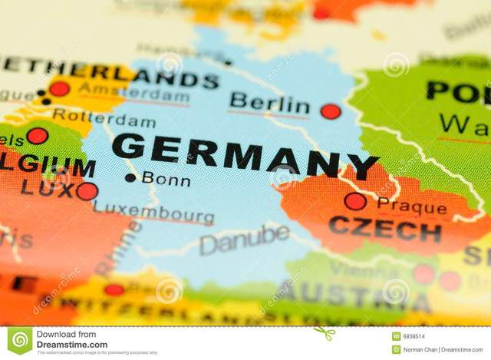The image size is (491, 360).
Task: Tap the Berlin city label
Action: coord(269,103)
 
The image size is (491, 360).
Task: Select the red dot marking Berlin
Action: coord(331,111)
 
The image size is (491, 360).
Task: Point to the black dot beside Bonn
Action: coord(130,177)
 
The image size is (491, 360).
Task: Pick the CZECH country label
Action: coord(384,229)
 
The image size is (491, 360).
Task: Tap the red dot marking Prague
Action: coord(354,201)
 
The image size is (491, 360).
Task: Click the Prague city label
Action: coord(411,206)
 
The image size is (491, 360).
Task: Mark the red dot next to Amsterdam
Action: coord(59,88)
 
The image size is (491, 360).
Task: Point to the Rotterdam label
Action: coord(104,118)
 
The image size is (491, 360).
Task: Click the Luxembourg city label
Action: coord(153,213)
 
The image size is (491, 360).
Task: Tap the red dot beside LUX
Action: coord(87,190)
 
